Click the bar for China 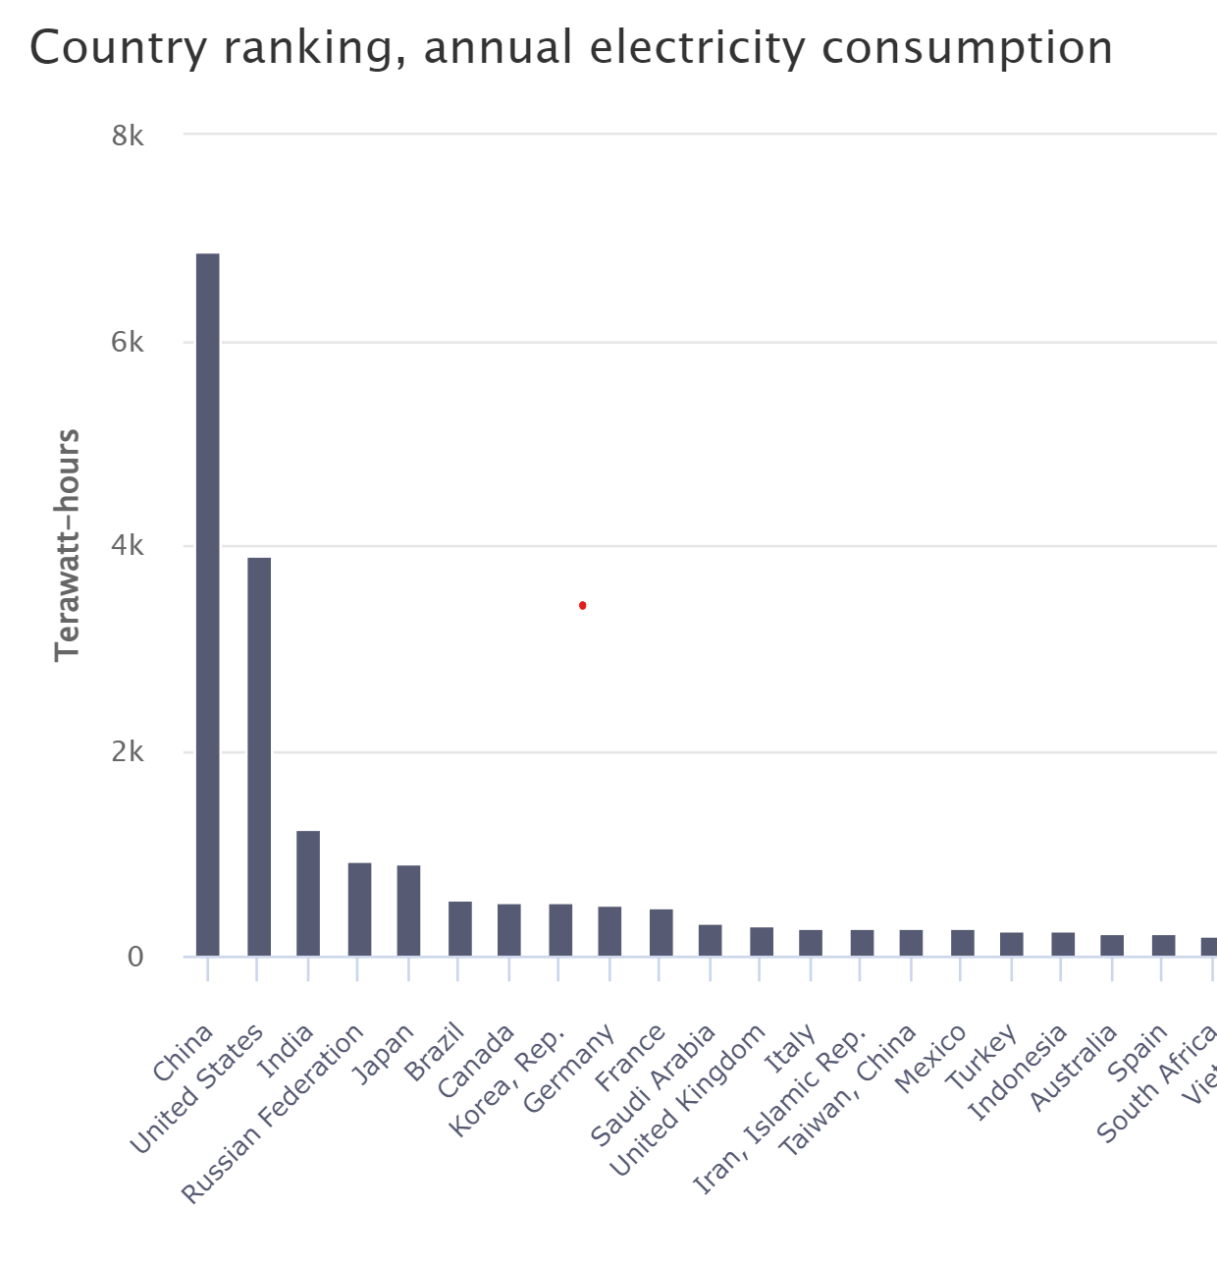208,604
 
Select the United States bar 259,756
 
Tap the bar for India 308,893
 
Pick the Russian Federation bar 359,908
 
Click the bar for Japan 408,910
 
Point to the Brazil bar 460,928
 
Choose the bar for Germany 609,931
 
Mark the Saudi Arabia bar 711,940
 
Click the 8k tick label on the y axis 128,136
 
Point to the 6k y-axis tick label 128,342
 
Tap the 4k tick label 128,546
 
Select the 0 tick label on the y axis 135,957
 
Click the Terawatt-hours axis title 67,545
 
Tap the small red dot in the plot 583,605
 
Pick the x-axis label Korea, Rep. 508,1080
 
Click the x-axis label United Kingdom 687,1100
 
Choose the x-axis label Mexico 930,1059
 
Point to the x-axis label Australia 1073,1067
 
